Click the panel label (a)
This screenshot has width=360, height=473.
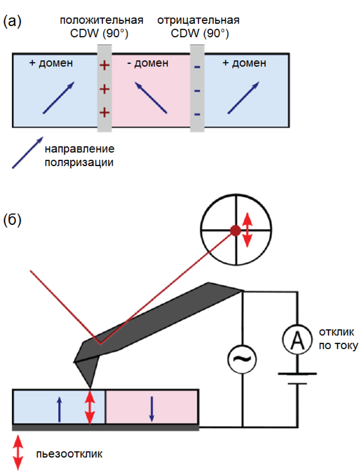tap(12, 22)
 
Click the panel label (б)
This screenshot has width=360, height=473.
tap(12, 220)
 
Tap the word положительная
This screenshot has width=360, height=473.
tap(101, 20)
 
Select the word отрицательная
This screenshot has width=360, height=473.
tap(198, 20)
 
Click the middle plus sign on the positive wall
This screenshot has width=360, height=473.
tap(105, 89)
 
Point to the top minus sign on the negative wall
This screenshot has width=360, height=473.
tap(197, 67)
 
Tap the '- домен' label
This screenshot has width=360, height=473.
tap(148, 63)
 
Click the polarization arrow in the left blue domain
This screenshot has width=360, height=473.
tap(59, 98)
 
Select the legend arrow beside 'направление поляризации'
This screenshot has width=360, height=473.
tap(28, 152)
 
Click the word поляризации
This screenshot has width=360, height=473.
tap(79, 162)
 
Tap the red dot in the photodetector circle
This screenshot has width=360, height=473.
tap(236, 230)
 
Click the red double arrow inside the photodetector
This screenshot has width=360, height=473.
tap(247, 230)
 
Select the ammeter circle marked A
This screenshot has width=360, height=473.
tap(297, 340)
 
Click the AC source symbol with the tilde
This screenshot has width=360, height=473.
tap(242, 358)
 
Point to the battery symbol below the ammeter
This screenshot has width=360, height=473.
tap(297, 378)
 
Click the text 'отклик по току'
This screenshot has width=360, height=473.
tap(338, 339)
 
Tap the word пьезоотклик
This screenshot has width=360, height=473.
tap(69, 454)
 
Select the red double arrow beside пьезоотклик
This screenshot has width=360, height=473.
tap(18, 453)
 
